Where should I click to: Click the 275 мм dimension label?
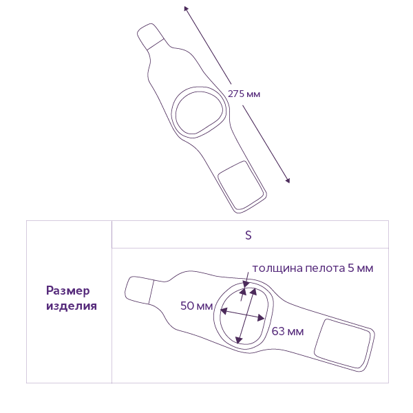pyautogui.click(x=244, y=94)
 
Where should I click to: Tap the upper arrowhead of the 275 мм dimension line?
pyautogui.click(x=186, y=8)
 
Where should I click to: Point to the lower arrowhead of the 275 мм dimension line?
pyautogui.click(x=288, y=180)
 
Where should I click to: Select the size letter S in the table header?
pyautogui.click(x=248, y=235)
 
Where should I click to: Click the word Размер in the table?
pyautogui.click(x=68, y=291)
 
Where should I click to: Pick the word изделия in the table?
pyautogui.click(x=72, y=306)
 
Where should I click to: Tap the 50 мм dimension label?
pyautogui.click(x=196, y=306)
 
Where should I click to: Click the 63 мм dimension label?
pyautogui.click(x=288, y=331)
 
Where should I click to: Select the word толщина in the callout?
pyautogui.click(x=277, y=268)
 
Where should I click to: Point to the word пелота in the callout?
pyautogui.click(x=325, y=268)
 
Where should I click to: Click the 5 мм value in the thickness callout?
pyautogui.click(x=360, y=268)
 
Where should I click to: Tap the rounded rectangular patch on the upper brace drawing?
pyautogui.click(x=241, y=184)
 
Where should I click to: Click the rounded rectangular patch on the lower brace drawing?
pyautogui.click(x=342, y=343)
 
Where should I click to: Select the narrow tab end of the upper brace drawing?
pyautogui.click(x=151, y=36)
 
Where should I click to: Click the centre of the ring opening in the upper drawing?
pyautogui.click(x=199, y=113)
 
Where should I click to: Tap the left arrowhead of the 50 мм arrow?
pyautogui.click(x=224, y=311)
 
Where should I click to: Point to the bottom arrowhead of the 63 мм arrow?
pyautogui.click(x=239, y=340)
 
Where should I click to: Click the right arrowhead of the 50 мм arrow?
pyautogui.click(x=261, y=318)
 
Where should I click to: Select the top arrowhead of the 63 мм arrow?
pyautogui.click(x=254, y=291)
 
